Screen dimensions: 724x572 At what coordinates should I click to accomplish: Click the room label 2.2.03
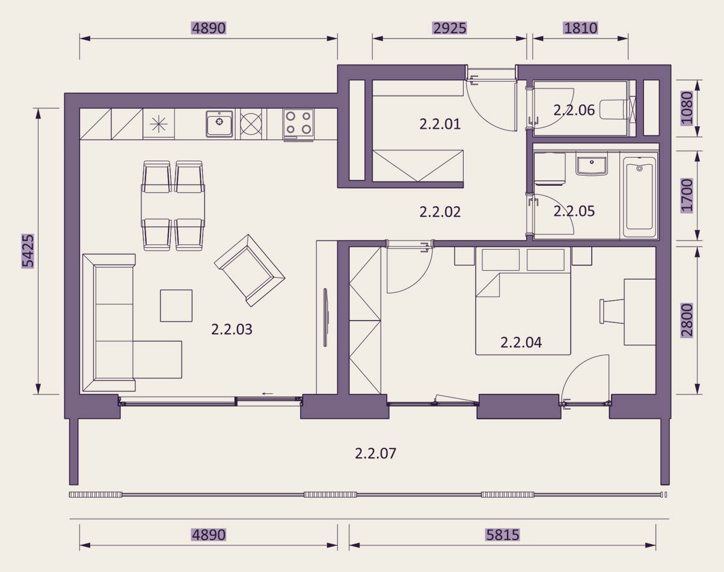click(232, 330)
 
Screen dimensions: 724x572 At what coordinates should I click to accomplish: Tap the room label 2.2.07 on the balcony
click(375, 454)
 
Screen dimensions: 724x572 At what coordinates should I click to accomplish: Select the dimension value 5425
click(28, 251)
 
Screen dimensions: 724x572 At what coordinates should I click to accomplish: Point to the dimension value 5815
click(503, 535)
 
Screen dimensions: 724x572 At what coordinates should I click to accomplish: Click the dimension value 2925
click(449, 28)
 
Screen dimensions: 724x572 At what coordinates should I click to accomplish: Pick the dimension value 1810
click(581, 28)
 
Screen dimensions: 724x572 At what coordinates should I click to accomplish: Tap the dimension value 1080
click(687, 108)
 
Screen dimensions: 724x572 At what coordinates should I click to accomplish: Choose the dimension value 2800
click(687, 320)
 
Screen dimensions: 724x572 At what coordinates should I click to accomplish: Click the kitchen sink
click(219, 124)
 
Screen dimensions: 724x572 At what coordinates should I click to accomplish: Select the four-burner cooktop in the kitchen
click(298, 124)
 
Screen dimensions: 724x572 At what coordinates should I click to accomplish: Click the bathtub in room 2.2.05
click(640, 196)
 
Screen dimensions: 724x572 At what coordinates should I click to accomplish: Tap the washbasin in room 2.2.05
click(592, 164)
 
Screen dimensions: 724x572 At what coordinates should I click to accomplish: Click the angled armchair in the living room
click(250, 271)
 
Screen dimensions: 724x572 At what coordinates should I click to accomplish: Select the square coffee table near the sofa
click(176, 306)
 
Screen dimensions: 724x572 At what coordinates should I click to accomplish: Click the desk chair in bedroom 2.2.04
click(612, 312)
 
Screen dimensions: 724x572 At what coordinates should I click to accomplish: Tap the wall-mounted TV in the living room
click(326, 318)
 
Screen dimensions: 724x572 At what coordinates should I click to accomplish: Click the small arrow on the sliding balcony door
click(268, 393)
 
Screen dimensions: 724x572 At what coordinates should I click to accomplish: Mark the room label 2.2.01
click(440, 124)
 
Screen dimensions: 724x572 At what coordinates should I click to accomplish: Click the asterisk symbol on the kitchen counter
click(159, 124)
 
